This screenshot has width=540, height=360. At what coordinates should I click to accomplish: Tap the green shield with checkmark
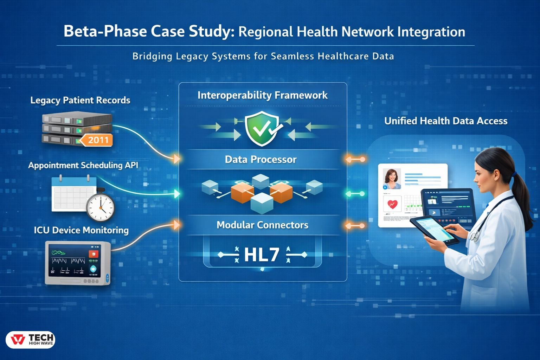coord(261,129)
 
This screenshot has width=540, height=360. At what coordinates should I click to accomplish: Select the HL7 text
coord(262,255)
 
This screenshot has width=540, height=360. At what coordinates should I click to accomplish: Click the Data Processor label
coord(261,160)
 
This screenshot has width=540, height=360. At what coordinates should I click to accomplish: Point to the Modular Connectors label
coord(262,225)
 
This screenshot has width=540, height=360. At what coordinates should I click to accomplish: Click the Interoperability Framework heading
coord(262,95)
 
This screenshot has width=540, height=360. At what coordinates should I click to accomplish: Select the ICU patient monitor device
coord(78,263)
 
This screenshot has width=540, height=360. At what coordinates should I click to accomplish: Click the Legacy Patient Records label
coord(80,100)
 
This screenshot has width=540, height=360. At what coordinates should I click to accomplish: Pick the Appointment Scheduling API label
coord(83,165)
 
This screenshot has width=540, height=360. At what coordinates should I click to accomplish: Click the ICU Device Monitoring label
coord(81,230)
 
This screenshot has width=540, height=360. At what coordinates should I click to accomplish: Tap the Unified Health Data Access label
coord(446,121)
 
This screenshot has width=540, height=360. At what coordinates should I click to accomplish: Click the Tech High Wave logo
coord(31,340)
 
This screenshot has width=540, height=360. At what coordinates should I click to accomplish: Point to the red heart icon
coord(392,204)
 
